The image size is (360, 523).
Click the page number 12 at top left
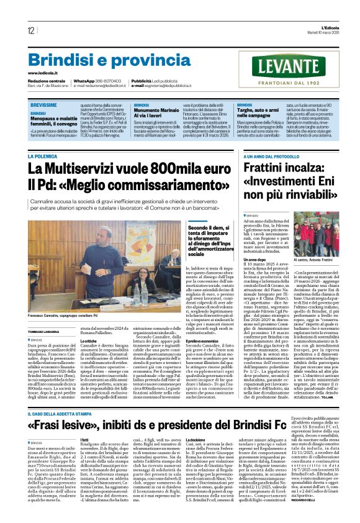click(x=31, y=30)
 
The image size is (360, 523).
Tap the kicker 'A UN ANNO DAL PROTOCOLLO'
click(x=272, y=157)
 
